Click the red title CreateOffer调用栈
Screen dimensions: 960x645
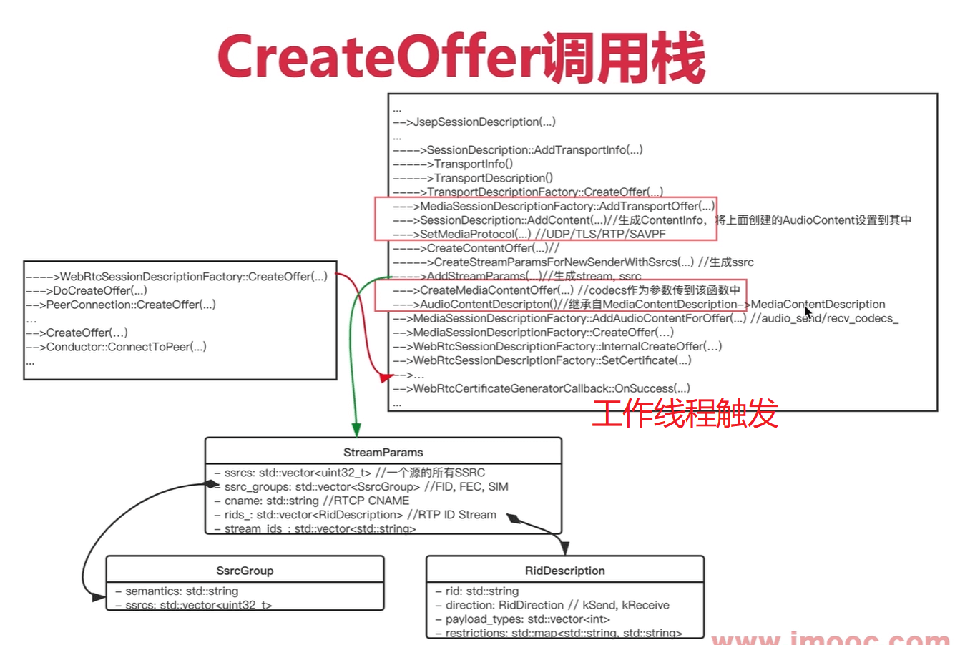click(461, 56)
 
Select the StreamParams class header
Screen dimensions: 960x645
click(383, 452)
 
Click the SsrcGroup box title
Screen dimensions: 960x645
click(245, 571)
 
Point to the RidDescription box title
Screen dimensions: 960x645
click(564, 571)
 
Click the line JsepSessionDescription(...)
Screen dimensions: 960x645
click(484, 122)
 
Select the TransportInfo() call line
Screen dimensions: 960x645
click(473, 164)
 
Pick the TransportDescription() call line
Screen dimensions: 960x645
click(493, 178)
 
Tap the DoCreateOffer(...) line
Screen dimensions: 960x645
click(99, 290)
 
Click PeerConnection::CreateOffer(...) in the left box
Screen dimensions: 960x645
click(130, 305)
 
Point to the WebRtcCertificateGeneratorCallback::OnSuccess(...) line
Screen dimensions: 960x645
click(551, 388)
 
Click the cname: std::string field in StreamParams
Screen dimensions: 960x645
click(316, 501)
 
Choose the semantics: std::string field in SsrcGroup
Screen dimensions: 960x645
click(182, 591)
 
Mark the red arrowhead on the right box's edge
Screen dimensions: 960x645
click(386, 377)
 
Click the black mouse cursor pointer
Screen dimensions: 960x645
click(808, 313)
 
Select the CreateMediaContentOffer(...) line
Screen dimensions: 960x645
click(496, 290)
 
